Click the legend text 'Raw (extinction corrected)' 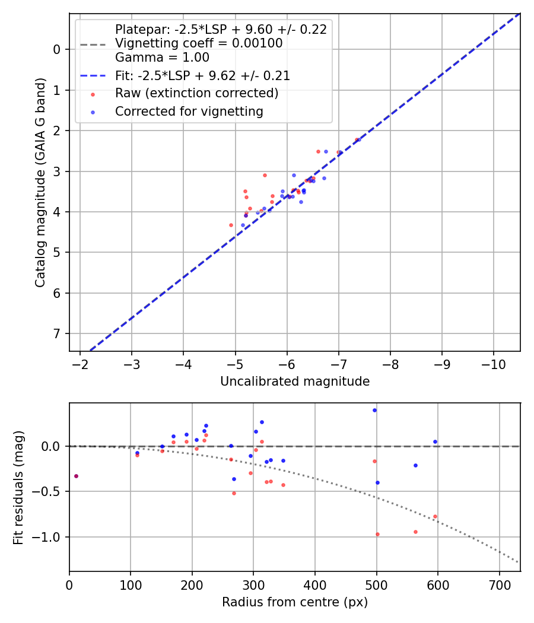196,93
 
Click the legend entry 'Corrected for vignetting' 189,111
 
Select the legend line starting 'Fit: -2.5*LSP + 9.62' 202,76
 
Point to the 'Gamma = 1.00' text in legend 162,58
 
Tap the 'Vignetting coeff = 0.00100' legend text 199,43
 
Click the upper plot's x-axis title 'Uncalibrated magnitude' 295,382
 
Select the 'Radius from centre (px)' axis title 295,602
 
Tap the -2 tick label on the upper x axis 80,364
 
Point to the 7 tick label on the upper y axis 58,333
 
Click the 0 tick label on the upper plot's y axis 58,49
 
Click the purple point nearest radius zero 76,476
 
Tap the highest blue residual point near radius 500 374,410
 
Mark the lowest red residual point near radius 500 377,534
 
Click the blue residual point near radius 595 435,441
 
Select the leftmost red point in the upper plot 231,225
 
